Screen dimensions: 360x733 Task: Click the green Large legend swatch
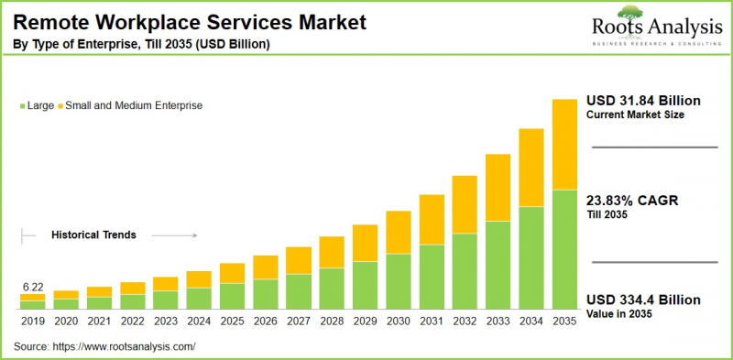tap(22, 105)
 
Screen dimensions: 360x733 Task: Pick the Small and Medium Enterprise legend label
tap(134, 105)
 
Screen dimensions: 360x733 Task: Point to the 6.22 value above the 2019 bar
tap(32, 287)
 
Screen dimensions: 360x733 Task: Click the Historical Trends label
tap(93, 235)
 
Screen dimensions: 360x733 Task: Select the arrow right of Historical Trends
tap(174, 235)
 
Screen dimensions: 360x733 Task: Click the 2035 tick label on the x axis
tap(563, 322)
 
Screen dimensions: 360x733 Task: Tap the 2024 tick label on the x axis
tap(199, 322)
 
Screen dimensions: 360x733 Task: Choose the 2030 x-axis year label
tap(398, 322)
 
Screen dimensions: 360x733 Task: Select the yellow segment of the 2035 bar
tap(563, 144)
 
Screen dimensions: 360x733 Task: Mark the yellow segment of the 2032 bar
tap(465, 204)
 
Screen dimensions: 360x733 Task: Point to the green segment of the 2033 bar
tap(498, 266)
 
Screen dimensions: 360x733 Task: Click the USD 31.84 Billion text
tap(643, 100)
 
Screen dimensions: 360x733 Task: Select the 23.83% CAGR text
tap(632, 201)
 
